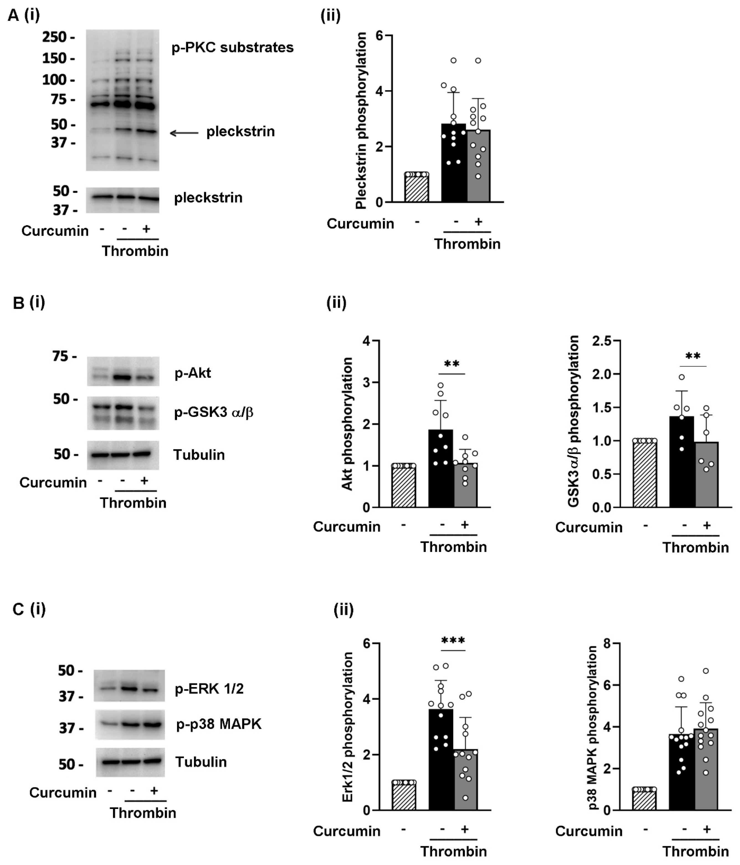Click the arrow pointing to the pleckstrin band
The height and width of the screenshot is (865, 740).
(184, 133)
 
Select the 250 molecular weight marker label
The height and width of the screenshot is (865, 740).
(54, 37)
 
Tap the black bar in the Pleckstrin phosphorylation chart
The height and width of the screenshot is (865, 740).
(454, 167)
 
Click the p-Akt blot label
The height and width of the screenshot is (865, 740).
(193, 373)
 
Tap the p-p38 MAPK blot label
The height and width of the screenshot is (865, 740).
(219, 724)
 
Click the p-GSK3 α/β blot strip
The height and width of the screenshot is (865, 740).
(123, 413)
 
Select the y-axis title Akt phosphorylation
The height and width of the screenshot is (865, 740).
(347, 424)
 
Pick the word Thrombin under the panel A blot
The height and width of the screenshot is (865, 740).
(135, 251)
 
